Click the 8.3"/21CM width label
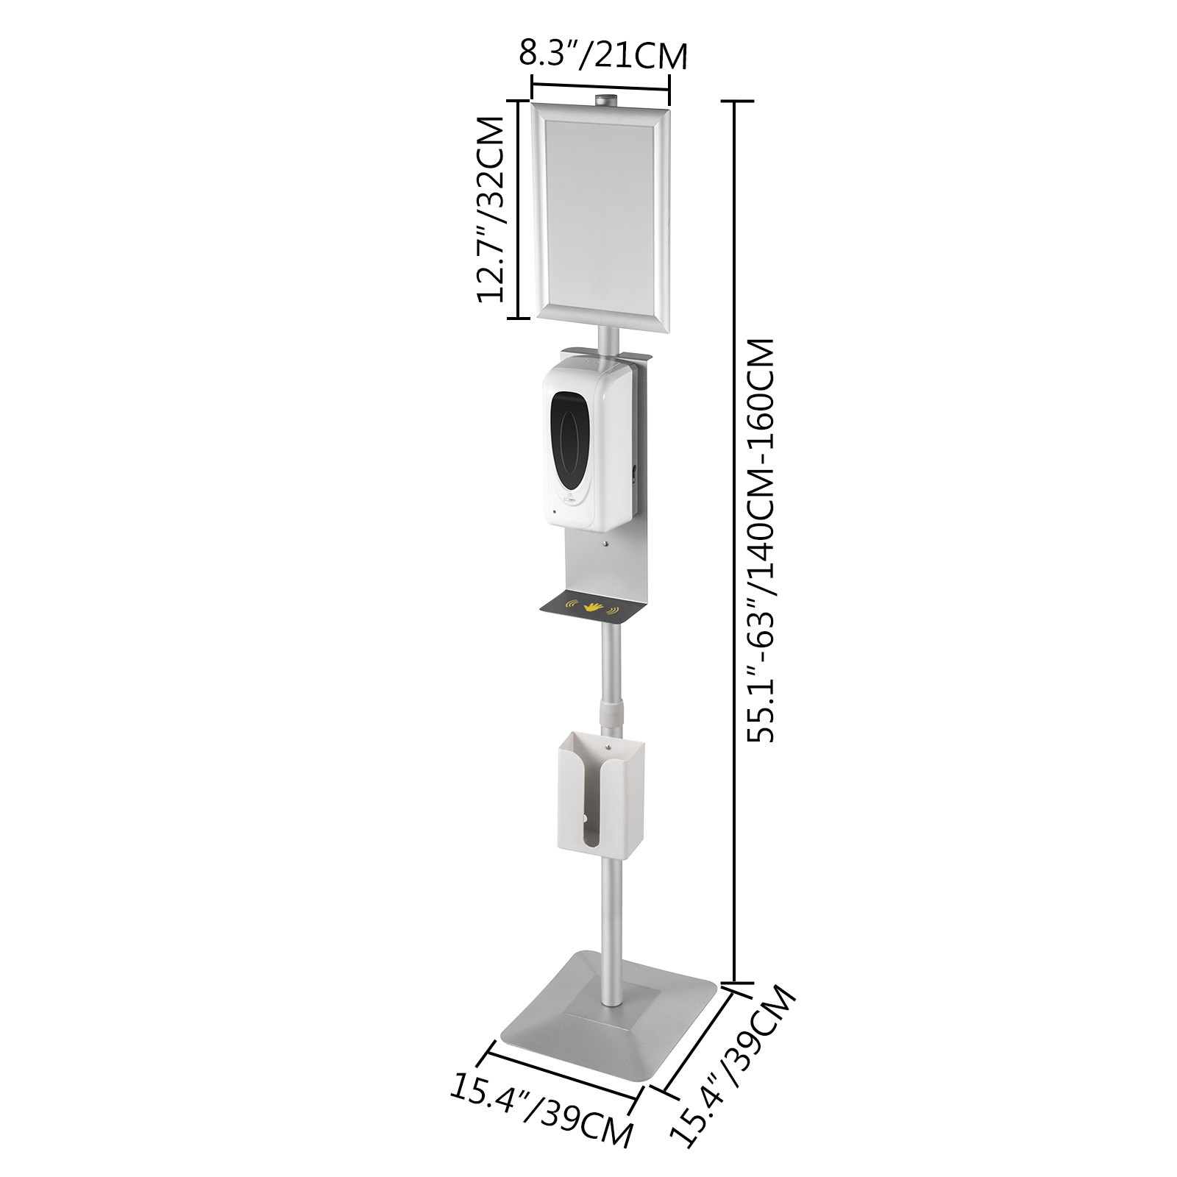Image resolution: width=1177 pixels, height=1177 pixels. click(x=603, y=55)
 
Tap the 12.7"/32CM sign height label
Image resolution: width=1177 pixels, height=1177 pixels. click(x=491, y=209)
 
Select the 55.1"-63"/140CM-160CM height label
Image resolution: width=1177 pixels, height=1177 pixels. click(x=761, y=541)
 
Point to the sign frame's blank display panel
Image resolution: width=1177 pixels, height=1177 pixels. click(x=600, y=217)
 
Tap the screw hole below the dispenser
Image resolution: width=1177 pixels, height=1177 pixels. click(x=605, y=545)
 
